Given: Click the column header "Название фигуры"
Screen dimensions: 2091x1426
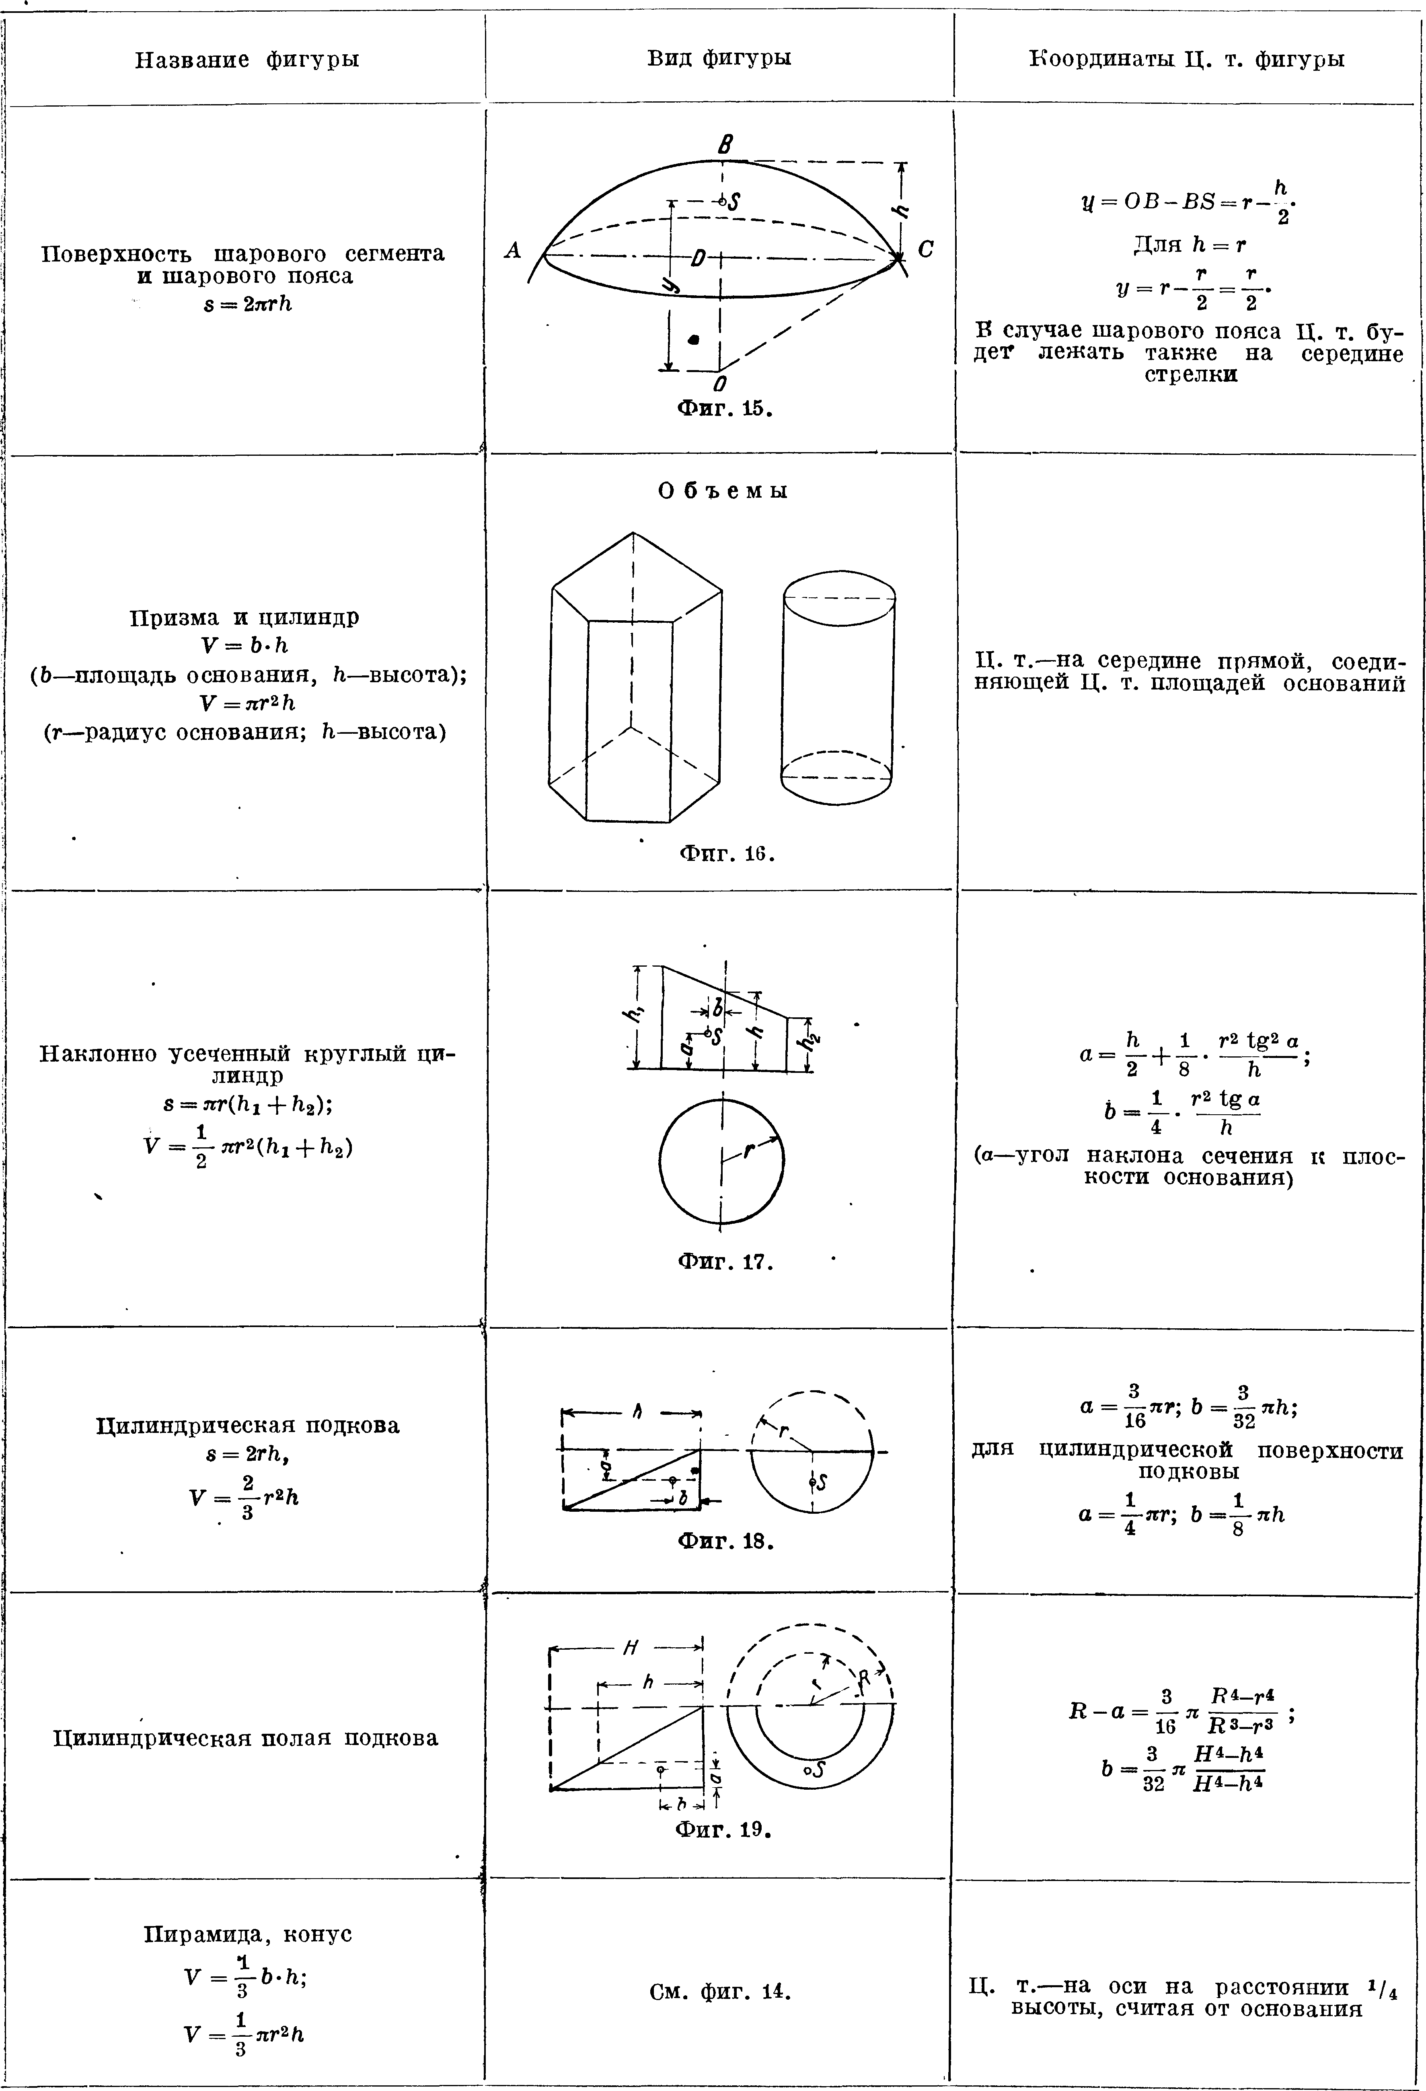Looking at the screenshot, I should pos(247,60).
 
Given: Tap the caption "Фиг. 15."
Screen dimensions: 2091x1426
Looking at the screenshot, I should pos(725,408).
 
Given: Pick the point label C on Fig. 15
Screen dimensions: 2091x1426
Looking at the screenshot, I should pos(926,250).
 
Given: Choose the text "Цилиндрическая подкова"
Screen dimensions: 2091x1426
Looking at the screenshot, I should pos(247,1425).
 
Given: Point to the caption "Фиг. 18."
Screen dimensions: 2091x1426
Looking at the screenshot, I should pos(725,1541).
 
